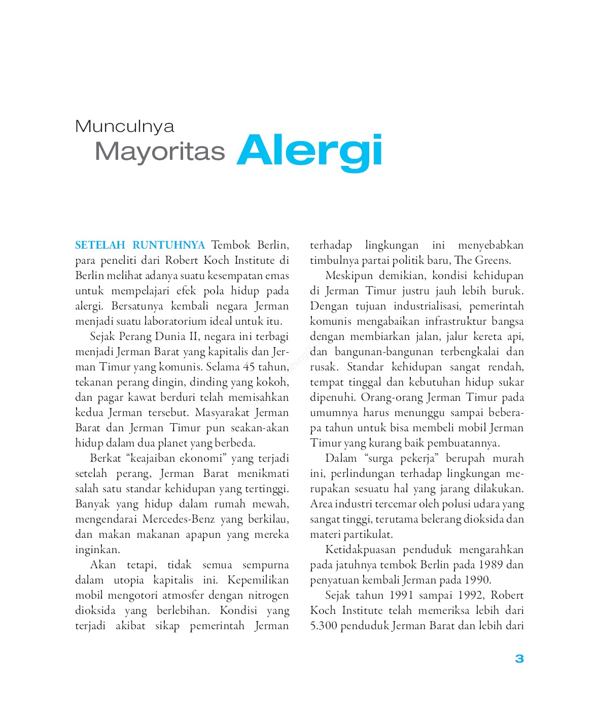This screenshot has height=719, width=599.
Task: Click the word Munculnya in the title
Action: pyautogui.click(x=124, y=126)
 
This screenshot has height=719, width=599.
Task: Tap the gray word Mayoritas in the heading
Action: pyautogui.click(x=160, y=151)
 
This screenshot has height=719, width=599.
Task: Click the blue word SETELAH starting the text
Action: pyautogui.click(x=100, y=245)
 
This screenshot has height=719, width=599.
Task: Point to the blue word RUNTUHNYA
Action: pyautogui.click(x=169, y=245)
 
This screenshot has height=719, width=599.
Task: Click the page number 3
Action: pyautogui.click(x=519, y=659)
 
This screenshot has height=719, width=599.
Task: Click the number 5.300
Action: pyautogui.click(x=324, y=626)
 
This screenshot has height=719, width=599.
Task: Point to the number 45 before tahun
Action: pyautogui.click(x=249, y=367)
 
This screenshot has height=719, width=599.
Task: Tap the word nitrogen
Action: pyautogui.click(x=268, y=595)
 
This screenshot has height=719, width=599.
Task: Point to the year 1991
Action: pyautogui.click(x=404, y=595)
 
